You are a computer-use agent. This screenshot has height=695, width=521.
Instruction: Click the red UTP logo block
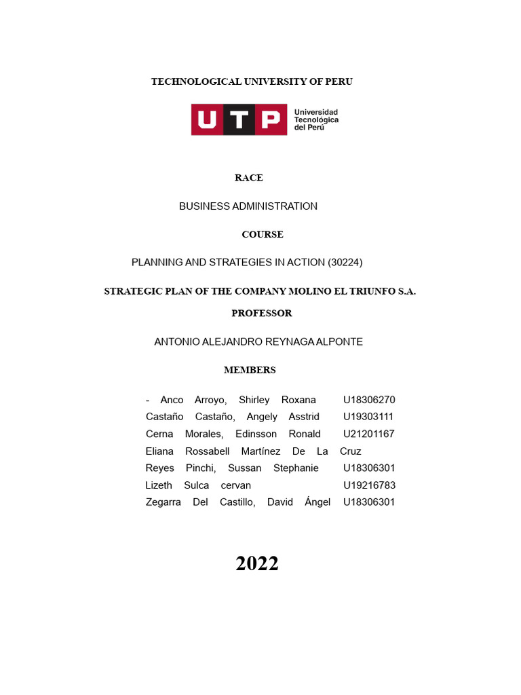click(x=239, y=119)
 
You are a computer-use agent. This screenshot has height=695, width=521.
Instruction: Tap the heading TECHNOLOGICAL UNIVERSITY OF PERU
click(x=252, y=82)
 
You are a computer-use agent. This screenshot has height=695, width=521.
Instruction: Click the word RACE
click(x=249, y=178)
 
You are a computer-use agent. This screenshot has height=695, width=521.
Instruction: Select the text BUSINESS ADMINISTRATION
click(x=248, y=206)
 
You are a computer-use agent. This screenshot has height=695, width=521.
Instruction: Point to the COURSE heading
click(x=263, y=235)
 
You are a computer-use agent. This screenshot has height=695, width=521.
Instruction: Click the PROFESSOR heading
click(x=262, y=314)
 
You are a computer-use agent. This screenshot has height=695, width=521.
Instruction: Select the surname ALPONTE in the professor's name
click(x=338, y=342)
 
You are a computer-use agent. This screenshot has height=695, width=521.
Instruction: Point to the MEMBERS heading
click(x=250, y=371)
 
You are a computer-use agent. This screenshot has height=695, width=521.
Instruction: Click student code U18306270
click(x=369, y=400)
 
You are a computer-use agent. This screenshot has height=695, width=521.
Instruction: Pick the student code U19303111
click(x=368, y=417)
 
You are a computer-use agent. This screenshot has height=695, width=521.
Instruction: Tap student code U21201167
click(x=369, y=434)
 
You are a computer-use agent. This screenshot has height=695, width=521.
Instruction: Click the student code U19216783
click(x=369, y=485)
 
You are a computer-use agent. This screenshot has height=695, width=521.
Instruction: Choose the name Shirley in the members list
click(x=254, y=400)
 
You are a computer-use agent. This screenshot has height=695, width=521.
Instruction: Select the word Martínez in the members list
click(x=260, y=451)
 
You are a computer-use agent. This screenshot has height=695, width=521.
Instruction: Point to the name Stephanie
click(x=296, y=468)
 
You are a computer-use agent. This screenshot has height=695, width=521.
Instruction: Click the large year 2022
click(x=257, y=563)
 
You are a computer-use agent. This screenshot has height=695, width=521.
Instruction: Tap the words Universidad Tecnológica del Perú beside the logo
click(x=315, y=119)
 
